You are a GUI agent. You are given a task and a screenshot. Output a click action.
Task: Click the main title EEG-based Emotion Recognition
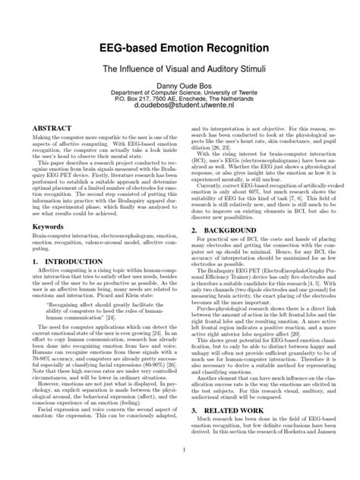180,48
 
